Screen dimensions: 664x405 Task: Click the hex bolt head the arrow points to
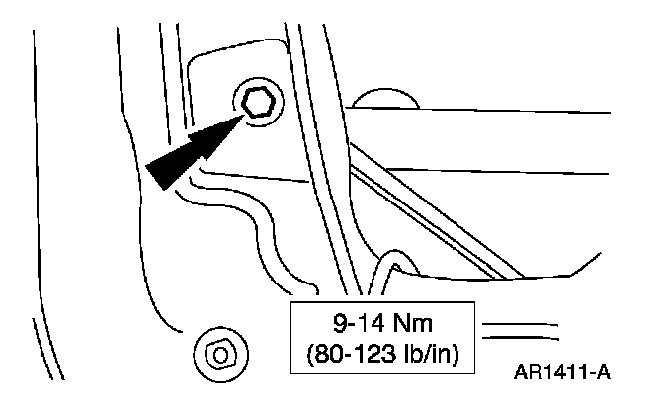(258, 101)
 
